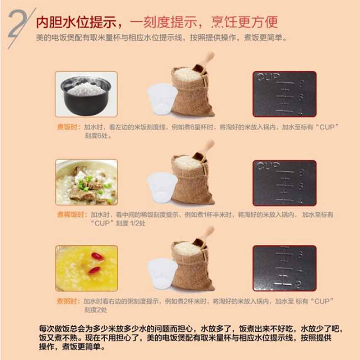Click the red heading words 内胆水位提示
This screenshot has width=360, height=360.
pyautogui.click(x=75, y=22)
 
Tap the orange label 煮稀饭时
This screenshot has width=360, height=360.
pyautogui.click(x=72, y=214)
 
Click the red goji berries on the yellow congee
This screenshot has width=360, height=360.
pyautogui.click(x=96, y=262)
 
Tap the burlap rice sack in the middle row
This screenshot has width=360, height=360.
pyautogui.click(x=191, y=180)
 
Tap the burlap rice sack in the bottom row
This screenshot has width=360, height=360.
pyautogui.click(x=191, y=267)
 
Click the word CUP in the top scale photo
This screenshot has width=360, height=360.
pyautogui.click(x=267, y=78)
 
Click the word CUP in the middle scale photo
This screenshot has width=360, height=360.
pyautogui.click(x=267, y=166)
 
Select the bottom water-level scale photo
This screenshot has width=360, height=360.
pyautogui.click(x=285, y=268)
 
